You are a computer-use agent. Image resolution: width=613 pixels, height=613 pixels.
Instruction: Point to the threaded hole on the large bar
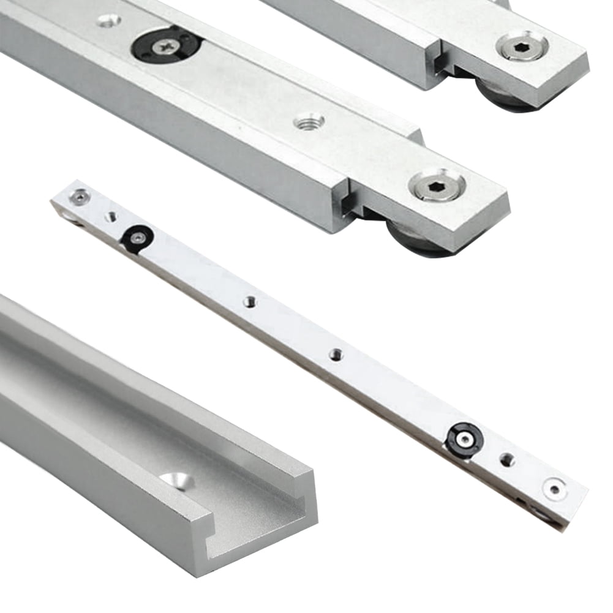point(309,122)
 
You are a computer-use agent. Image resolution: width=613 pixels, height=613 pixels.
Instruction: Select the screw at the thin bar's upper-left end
point(79,196)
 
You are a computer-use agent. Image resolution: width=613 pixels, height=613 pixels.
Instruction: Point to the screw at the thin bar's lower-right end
point(554,489)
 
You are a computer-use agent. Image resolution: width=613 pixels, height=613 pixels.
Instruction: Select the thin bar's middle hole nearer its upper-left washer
point(249,301)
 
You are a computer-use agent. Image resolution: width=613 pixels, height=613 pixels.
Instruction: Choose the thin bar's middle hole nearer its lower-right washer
point(335,353)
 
